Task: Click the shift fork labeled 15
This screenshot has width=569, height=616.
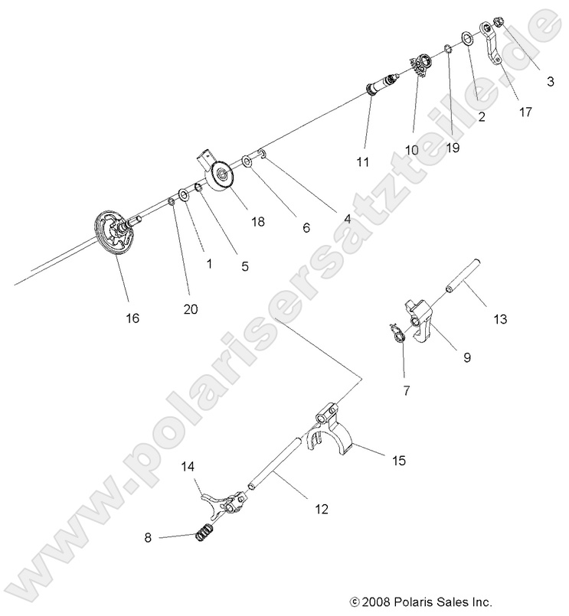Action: pos(331,433)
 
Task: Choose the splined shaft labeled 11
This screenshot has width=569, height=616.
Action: pos(383,83)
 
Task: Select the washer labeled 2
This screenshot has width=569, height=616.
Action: pos(466,38)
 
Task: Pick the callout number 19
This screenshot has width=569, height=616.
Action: pos(453,148)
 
